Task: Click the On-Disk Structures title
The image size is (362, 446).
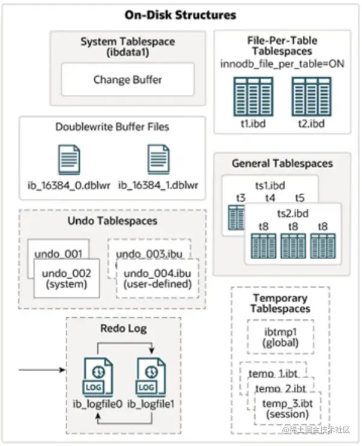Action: pos(180,15)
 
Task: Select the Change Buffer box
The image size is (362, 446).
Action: pos(128,79)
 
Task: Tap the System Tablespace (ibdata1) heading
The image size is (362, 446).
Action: pos(128,47)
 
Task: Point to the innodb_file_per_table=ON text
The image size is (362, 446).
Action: pos(282,63)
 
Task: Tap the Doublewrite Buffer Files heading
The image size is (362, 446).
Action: pos(112,127)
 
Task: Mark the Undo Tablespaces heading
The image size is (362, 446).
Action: pos(112,221)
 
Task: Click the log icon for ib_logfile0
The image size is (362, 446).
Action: pos(93,375)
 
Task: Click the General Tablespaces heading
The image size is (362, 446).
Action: pos(282,163)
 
